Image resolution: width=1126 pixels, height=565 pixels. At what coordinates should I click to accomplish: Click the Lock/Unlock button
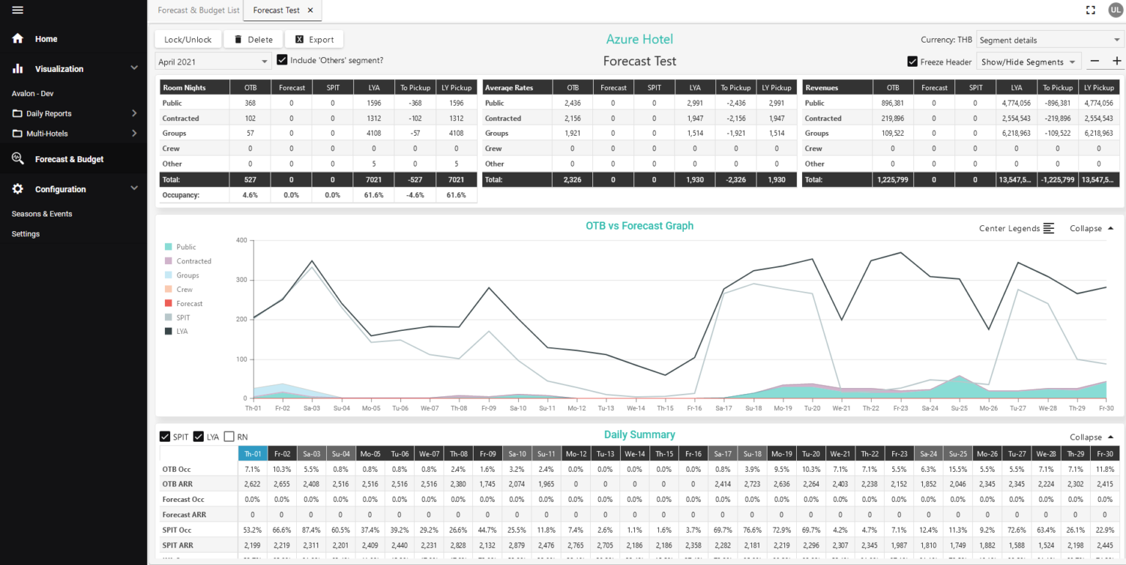click(188, 40)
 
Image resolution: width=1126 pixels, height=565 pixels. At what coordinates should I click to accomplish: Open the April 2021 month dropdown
click(213, 62)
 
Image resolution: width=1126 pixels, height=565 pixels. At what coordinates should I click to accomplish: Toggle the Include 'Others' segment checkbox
click(282, 60)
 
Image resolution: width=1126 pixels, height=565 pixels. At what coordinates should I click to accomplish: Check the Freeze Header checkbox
click(913, 62)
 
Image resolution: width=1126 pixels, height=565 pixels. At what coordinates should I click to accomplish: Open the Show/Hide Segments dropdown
click(1029, 62)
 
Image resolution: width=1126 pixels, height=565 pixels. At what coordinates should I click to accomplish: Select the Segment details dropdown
click(1048, 40)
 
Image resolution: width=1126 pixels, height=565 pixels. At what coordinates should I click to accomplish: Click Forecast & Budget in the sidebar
click(69, 159)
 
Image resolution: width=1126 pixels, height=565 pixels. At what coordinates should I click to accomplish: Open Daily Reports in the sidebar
click(48, 114)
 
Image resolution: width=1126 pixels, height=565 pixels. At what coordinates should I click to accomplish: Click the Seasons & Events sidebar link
click(42, 214)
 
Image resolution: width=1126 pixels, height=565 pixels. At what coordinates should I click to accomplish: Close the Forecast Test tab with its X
click(310, 10)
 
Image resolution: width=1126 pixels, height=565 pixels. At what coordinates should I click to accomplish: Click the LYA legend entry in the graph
click(182, 332)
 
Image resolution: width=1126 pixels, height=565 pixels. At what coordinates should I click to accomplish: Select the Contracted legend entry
click(194, 261)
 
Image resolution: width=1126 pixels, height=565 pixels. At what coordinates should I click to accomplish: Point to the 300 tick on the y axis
click(241, 280)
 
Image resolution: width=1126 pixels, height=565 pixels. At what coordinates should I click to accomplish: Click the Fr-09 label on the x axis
click(488, 408)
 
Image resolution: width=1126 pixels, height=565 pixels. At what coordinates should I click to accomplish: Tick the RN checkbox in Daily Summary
click(229, 437)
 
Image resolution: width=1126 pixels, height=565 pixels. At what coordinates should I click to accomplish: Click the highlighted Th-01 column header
click(253, 454)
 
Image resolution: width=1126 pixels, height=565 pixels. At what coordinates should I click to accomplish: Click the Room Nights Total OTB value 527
click(250, 180)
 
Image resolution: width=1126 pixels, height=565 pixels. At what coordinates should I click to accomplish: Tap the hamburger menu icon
click(18, 10)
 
